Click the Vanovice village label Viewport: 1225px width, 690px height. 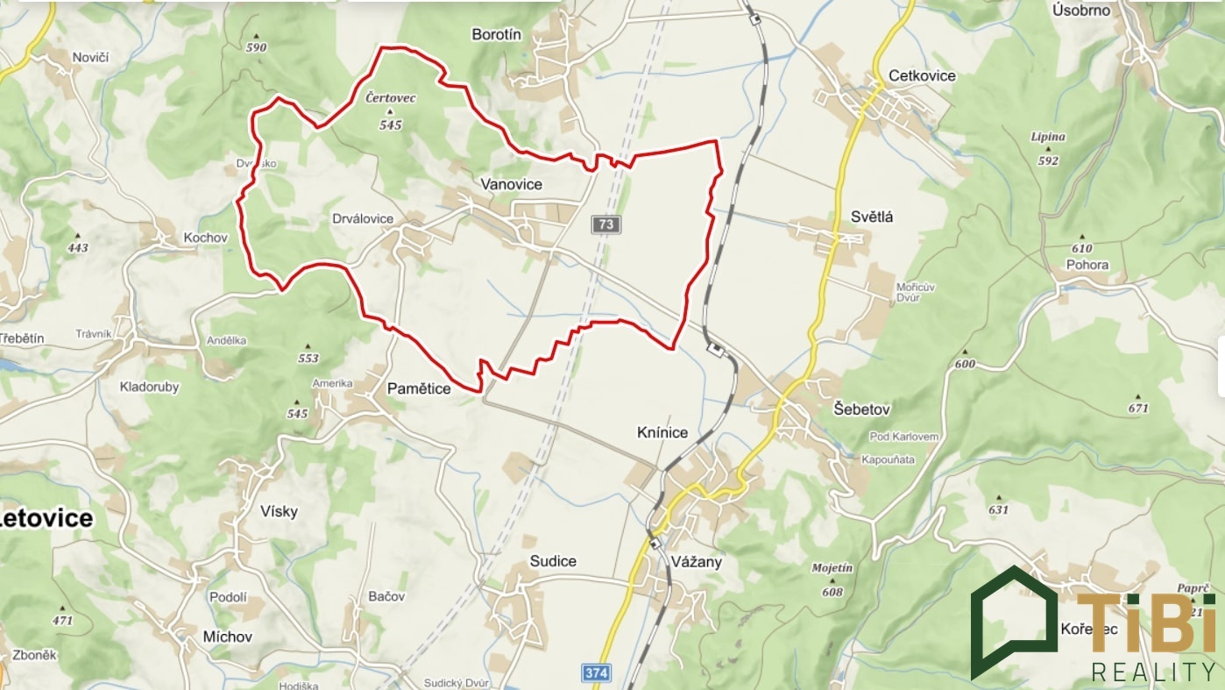pyautogui.click(x=511, y=184)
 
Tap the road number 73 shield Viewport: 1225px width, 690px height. pyautogui.click(x=605, y=224)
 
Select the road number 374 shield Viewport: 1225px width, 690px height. pyautogui.click(x=595, y=673)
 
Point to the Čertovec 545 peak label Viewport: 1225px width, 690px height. pyautogui.click(x=390, y=111)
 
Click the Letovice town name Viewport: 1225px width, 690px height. pyautogui.click(x=46, y=517)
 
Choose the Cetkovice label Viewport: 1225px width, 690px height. pyautogui.click(x=922, y=75)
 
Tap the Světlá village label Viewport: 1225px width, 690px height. pyautogui.click(x=872, y=217)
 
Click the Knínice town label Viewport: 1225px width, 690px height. pyautogui.click(x=662, y=432)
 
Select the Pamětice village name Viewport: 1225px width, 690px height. pyautogui.click(x=419, y=388)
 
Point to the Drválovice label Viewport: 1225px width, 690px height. pyautogui.click(x=363, y=218)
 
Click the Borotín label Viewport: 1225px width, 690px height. pyautogui.click(x=496, y=35)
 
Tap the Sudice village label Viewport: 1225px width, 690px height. pyautogui.click(x=553, y=561)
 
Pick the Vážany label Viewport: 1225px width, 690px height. pyautogui.click(x=696, y=562)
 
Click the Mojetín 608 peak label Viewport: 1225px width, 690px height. pyautogui.click(x=832, y=580)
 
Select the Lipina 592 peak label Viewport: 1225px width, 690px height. pyautogui.click(x=1048, y=148)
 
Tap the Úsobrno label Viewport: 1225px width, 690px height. pyautogui.click(x=1080, y=11)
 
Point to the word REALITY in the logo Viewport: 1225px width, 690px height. pyautogui.click(x=1153, y=672)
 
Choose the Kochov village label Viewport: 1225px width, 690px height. pyautogui.click(x=205, y=238)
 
